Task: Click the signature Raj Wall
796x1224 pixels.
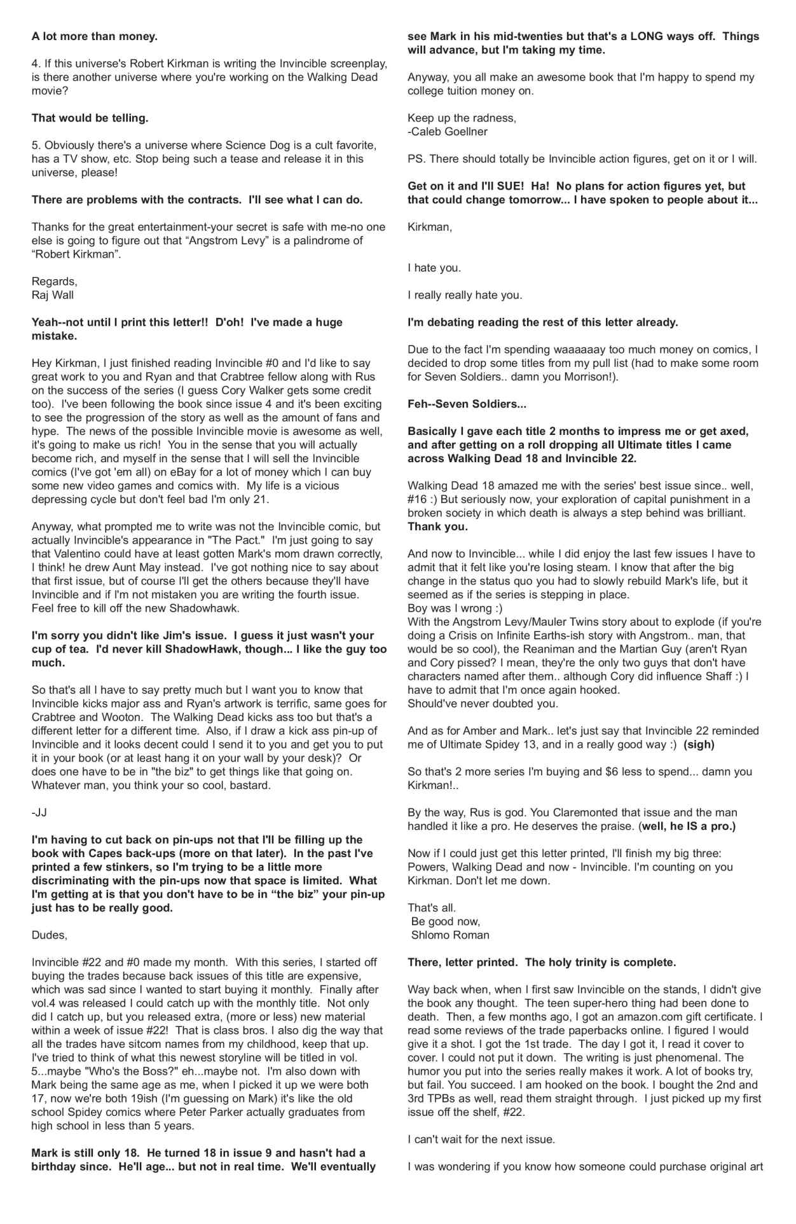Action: (x=53, y=295)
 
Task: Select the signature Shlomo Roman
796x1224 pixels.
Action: (x=450, y=935)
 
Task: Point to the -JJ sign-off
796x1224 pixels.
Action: (x=39, y=813)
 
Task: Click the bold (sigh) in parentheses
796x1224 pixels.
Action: (x=699, y=745)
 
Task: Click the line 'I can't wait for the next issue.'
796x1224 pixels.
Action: (x=481, y=1139)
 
